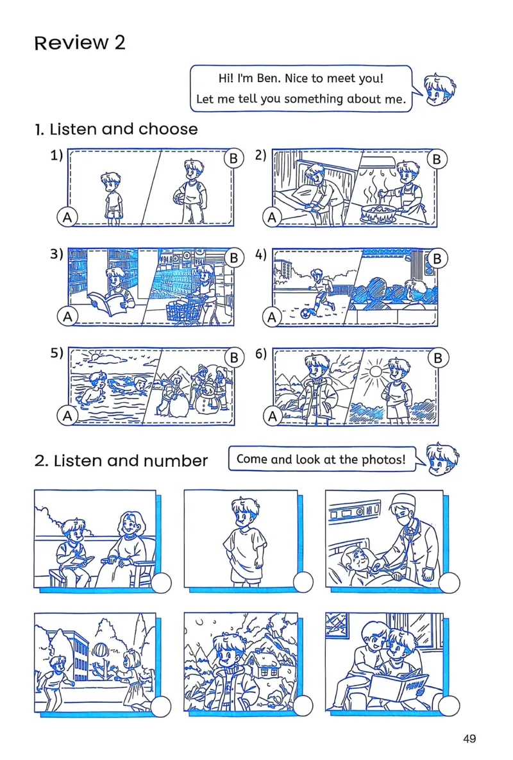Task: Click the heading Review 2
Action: tap(80, 43)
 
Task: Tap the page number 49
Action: tap(469, 738)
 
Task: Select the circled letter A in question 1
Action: tap(67, 217)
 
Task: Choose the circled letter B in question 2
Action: tap(437, 160)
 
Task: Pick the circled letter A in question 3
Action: tap(67, 316)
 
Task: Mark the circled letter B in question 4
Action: tap(437, 259)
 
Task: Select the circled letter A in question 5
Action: tap(67, 416)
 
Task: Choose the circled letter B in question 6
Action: tap(438, 358)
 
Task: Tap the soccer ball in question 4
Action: tap(307, 313)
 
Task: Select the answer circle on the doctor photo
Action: tap(449, 582)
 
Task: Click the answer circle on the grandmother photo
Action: tap(162, 582)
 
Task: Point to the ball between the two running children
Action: tap(99, 648)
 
